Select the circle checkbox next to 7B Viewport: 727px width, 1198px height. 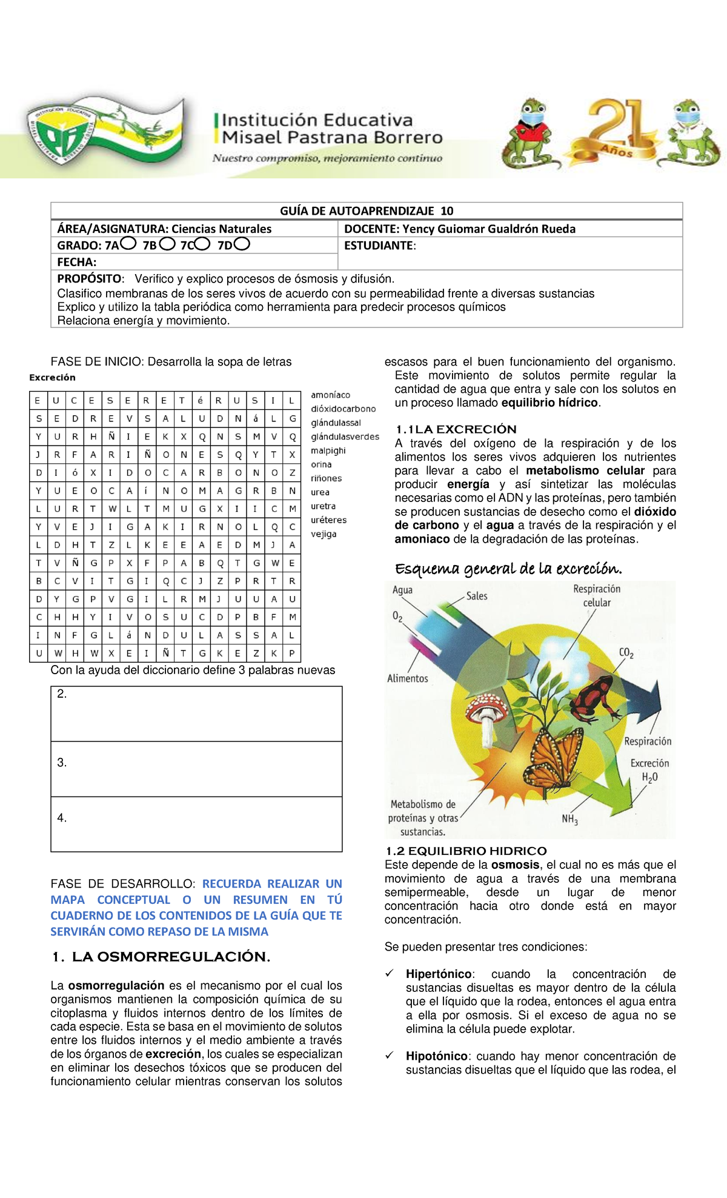[x=167, y=244]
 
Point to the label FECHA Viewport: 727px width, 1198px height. [x=77, y=262]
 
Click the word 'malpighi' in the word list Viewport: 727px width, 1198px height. [x=328, y=450]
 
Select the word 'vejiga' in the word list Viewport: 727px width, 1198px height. [x=324, y=534]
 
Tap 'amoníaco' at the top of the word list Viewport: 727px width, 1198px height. [x=330, y=395]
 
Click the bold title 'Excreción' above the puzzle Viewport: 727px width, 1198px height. [x=53, y=377]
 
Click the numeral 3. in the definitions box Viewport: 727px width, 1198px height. [x=62, y=763]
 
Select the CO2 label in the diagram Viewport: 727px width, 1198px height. [x=626, y=653]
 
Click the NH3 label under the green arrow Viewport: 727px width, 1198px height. [x=569, y=819]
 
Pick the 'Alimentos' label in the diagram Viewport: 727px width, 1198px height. [x=407, y=678]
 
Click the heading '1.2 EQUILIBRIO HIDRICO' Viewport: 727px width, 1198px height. [x=465, y=851]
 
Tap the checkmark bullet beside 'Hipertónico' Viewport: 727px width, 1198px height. [x=390, y=974]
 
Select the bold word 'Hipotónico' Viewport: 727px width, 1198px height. [x=436, y=1056]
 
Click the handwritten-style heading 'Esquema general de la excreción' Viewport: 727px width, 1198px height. [x=508, y=569]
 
